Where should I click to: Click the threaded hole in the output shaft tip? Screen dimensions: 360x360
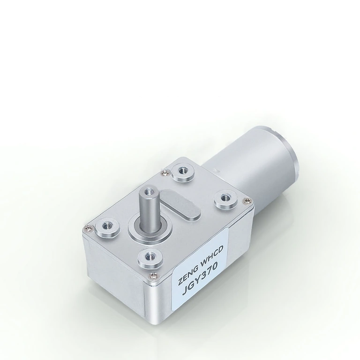click(150, 192)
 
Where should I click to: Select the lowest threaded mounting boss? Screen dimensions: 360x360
click(150, 256)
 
